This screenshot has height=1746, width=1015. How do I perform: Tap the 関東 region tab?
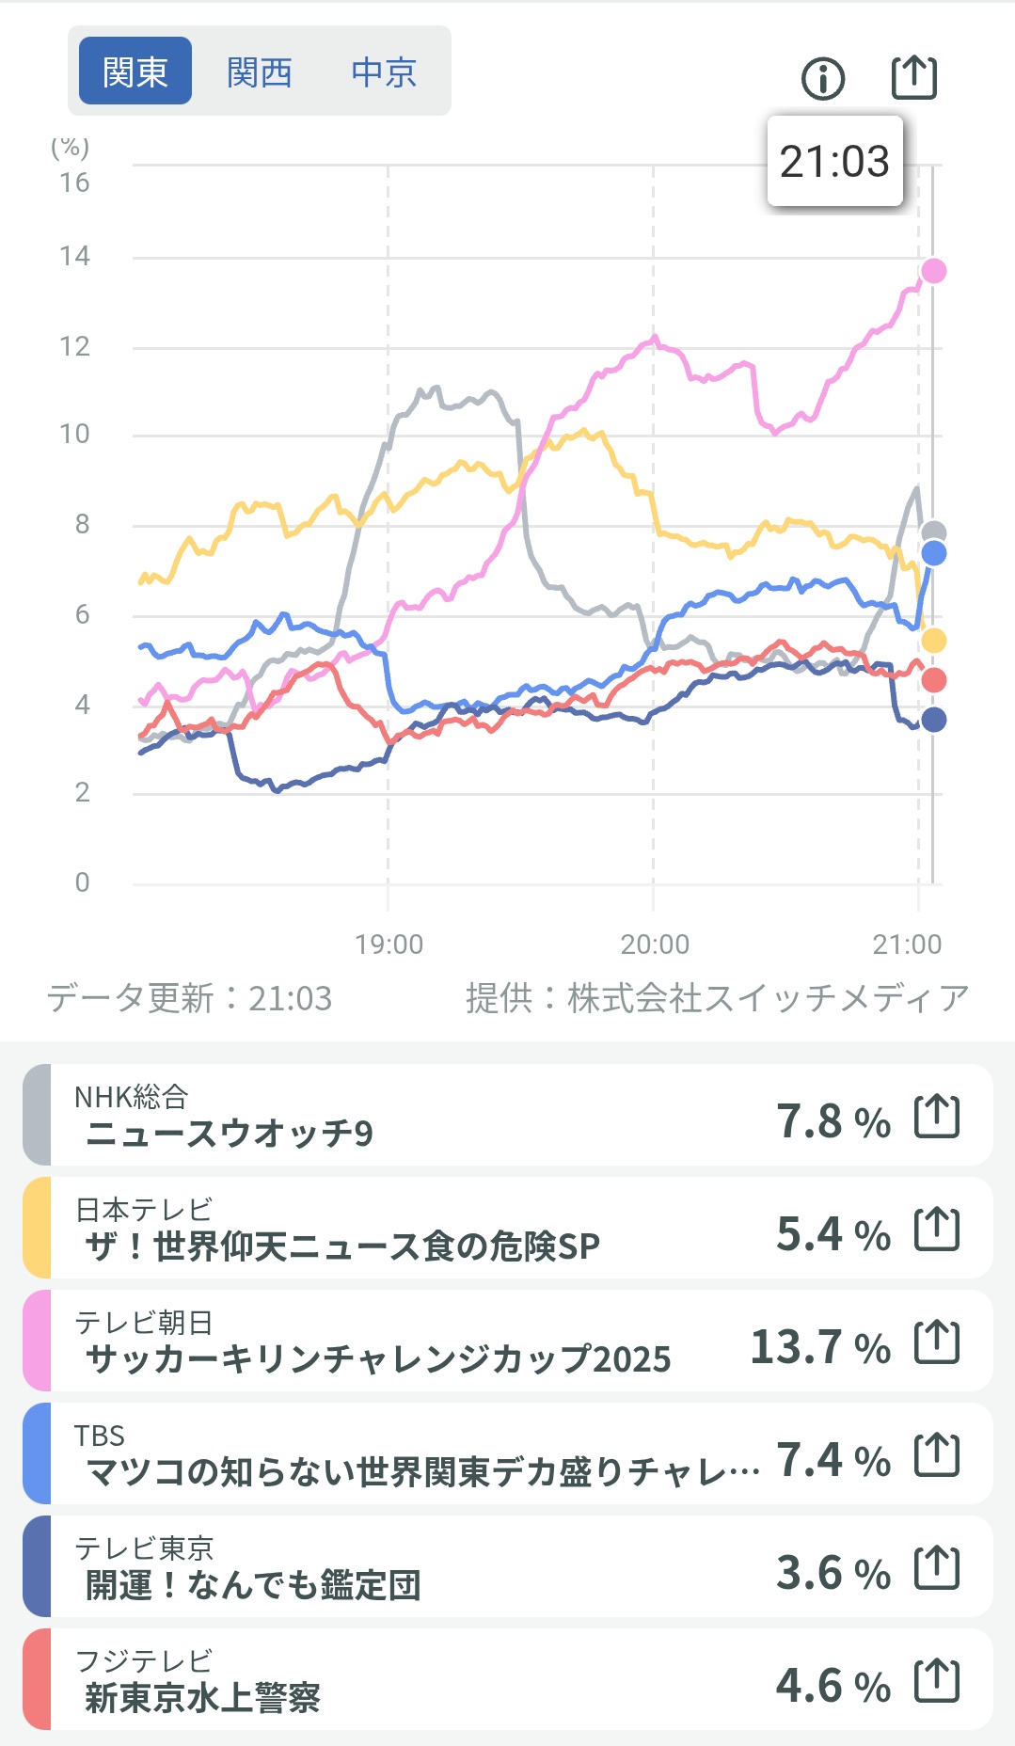tap(135, 71)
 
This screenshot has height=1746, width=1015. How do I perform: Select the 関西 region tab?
tap(260, 71)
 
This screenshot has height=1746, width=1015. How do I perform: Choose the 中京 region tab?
tap(384, 71)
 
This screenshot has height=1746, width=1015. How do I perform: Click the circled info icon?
tap(823, 78)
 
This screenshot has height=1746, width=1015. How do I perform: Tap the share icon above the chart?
tap(914, 77)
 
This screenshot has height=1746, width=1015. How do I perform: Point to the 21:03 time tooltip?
tap(834, 161)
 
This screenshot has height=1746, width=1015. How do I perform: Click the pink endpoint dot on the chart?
tap(933, 271)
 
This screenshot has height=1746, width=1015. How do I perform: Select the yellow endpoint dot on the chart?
tap(933, 641)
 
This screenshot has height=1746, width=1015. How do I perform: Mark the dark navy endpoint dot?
tap(933, 720)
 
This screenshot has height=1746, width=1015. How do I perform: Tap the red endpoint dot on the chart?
tap(933, 680)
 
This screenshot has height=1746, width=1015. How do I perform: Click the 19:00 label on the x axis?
tap(389, 944)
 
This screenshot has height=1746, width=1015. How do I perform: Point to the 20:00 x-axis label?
tap(655, 944)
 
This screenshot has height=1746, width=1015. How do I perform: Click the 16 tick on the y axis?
tap(74, 183)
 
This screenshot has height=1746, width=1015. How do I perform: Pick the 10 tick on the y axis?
tap(74, 434)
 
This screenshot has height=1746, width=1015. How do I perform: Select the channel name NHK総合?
tap(132, 1097)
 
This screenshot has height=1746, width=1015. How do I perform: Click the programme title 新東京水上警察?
tap(203, 1698)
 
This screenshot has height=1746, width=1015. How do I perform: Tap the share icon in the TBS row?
tap(937, 1455)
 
